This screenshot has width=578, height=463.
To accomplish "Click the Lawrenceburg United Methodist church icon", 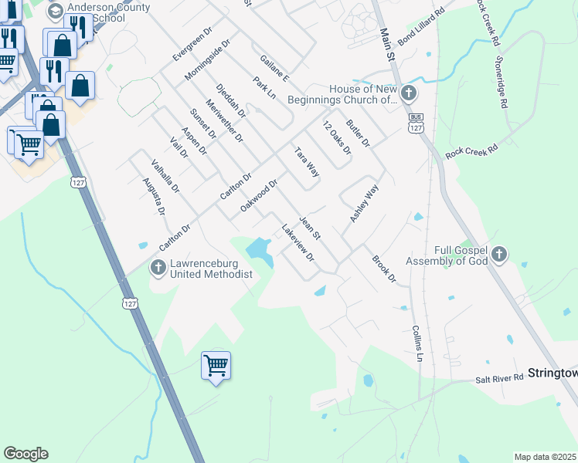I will pos(158,268).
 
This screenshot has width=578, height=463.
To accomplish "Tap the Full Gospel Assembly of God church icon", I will pos(499,254).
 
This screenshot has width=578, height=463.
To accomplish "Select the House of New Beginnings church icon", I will pos(408,94).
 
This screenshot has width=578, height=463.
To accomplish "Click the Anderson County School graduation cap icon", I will pos(55,12).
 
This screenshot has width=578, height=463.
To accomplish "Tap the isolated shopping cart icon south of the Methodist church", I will pos(216,365).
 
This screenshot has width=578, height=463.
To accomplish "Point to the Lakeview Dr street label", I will pos(298,242).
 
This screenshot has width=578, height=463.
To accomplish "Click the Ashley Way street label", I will pos(365,204).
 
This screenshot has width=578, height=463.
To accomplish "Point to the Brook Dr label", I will pos(384,269).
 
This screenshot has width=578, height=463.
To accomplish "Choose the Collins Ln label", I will pos(416,343).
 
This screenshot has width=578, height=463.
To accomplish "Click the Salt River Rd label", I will pos(498,377).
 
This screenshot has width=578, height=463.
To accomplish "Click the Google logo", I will pos(25,454).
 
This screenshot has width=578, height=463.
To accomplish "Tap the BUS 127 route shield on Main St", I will pos(416,126).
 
